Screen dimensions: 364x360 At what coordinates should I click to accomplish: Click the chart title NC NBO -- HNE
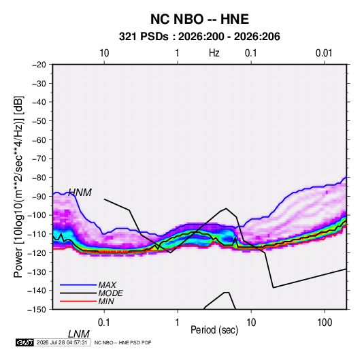199,19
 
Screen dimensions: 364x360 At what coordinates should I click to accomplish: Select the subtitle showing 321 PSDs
199,37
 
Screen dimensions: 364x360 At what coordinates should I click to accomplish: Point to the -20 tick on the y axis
39,65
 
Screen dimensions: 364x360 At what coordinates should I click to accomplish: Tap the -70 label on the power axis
39,159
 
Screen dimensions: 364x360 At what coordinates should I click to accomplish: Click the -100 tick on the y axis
37,215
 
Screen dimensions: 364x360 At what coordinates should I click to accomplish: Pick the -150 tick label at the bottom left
37,310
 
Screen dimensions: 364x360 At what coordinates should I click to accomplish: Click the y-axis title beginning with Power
18,186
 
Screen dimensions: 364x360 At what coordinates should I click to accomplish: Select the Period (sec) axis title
214,330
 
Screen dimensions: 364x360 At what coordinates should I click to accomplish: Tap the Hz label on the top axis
214,53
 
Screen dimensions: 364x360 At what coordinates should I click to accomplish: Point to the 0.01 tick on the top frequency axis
324,53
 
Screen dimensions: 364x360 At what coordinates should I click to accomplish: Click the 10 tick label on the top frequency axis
104,53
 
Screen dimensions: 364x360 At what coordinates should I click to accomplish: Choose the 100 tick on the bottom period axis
325,323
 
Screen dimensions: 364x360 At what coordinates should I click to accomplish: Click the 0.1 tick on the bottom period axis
104,323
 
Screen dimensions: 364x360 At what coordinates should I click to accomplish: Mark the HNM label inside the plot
80,193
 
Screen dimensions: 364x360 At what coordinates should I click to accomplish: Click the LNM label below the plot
79,334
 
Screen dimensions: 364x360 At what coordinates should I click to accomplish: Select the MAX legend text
107,284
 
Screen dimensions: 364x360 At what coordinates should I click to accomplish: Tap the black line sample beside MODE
78,293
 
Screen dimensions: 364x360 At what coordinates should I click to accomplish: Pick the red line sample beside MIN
78,301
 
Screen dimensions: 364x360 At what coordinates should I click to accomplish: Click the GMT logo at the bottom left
25,342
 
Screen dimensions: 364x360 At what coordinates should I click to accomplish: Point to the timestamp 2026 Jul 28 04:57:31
62,342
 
